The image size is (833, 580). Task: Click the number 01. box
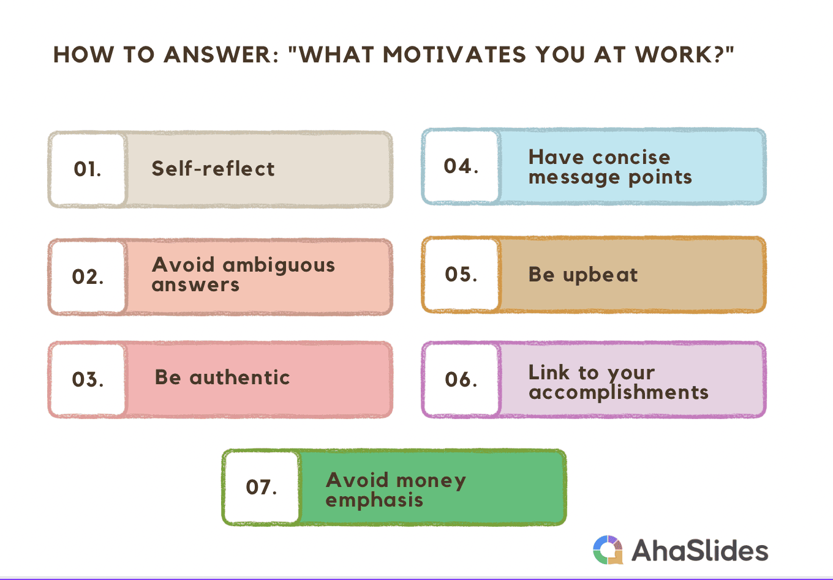(x=88, y=169)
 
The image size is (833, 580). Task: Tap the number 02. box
(x=88, y=277)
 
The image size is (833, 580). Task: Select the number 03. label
(x=88, y=379)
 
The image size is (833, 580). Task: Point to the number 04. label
(x=461, y=166)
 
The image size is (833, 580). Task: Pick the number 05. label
(x=461, y=274)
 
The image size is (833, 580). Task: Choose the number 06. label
(x=461, y=379)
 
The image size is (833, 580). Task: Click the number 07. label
(x=262, y=487)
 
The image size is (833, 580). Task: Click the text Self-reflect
(x=213, y=169)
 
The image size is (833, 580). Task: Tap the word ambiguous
(x=279, y=266)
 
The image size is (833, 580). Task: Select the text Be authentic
(x=222, y=377)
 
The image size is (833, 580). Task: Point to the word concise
(x=631, y=157)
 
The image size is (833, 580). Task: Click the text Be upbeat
(x=583, y=275)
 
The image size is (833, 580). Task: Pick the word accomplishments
(x=619, y=393)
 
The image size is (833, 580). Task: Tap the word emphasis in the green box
(x=374, y=500)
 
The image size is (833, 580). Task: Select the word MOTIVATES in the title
(x=454, y=54)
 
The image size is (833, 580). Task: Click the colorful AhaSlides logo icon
(x=608, y=549)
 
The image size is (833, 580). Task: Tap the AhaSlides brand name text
(x=700, y=550)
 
